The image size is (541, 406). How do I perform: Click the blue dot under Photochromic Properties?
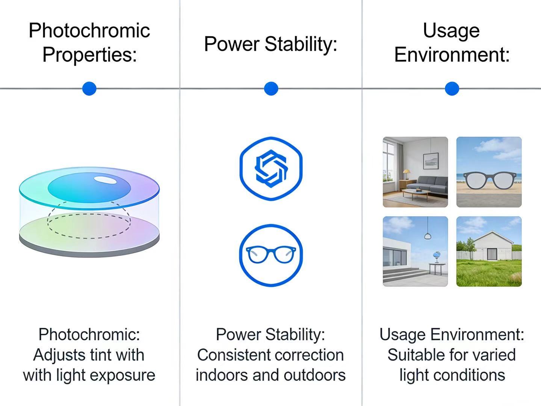(89, 88)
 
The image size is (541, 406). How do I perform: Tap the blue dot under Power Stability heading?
(271, 88)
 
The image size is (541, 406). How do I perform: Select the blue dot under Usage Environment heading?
(452, 88)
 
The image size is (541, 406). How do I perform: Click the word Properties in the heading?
(90, 55)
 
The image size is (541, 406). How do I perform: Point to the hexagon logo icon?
(271, 169)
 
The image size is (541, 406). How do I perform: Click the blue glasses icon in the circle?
(271, 255)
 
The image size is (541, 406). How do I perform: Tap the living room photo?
(415, 172)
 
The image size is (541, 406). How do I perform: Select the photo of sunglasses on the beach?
(489, 172)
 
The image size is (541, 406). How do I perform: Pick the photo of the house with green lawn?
(489, 251)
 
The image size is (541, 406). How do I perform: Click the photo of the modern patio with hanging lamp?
(415, 251)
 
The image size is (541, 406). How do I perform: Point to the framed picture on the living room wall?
(431, 161)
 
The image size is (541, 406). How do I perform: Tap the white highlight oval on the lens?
(106, 180)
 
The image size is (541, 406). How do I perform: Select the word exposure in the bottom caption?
(122, 376)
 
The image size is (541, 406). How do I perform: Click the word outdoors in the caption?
(315, 375)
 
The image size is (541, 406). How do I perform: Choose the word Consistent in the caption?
(234, 355)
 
